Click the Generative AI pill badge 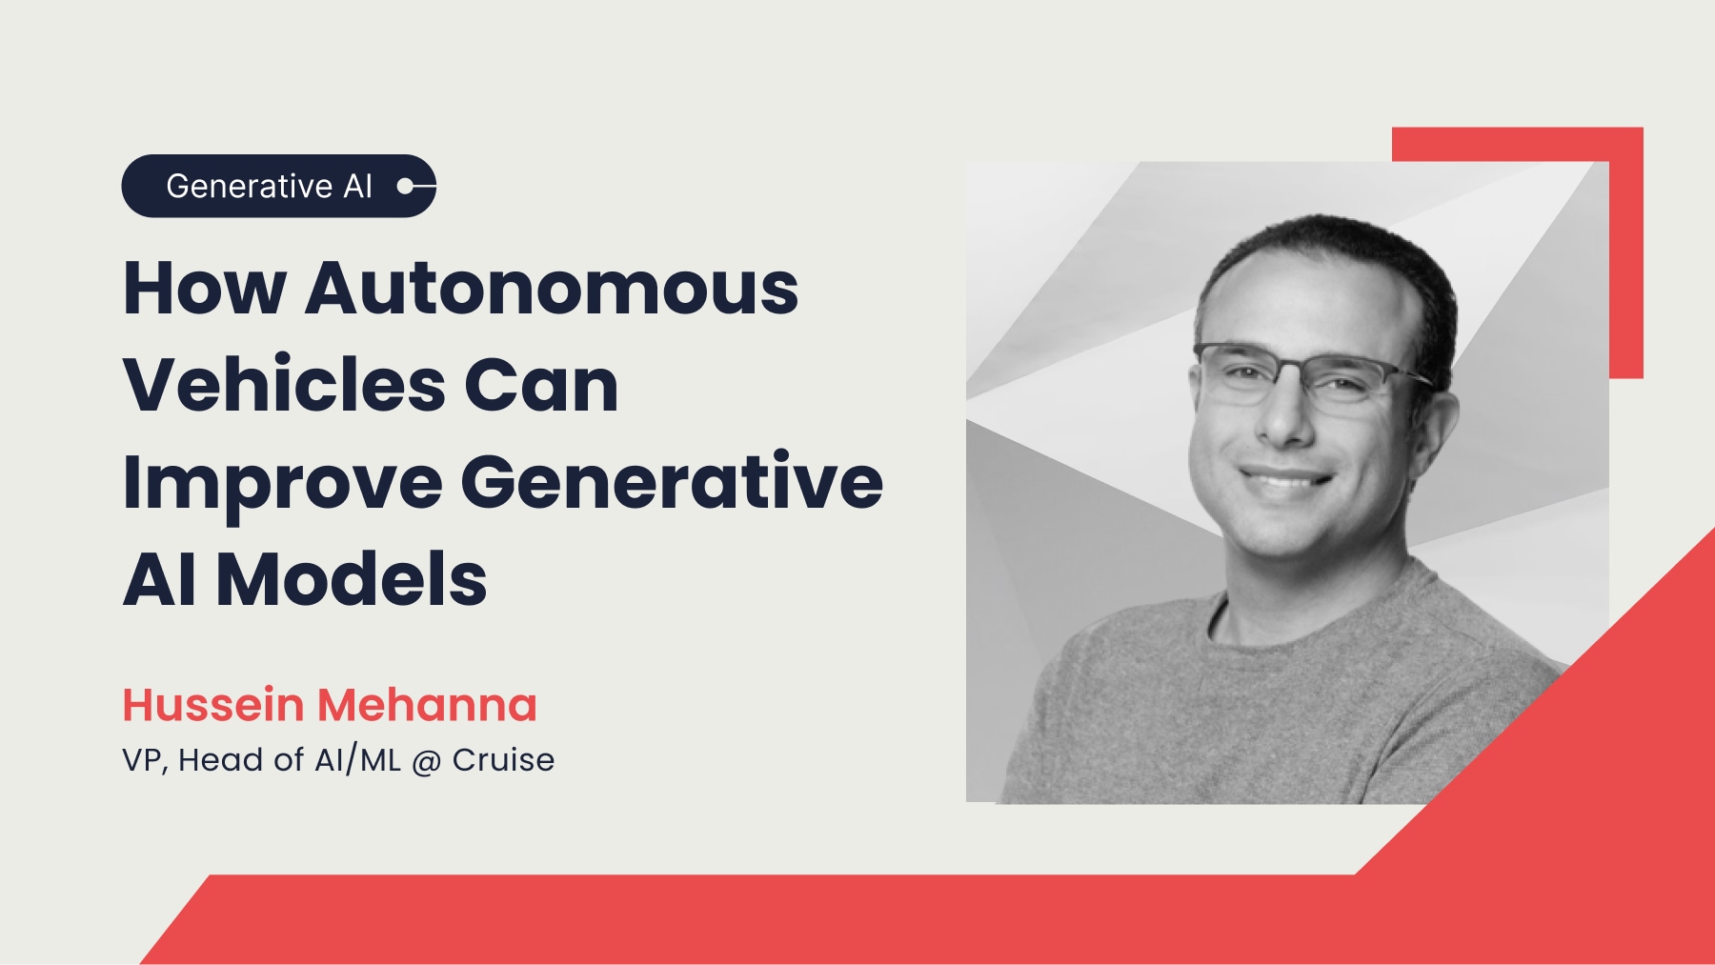(x=277, y=186)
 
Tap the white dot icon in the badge (x=406, y=186)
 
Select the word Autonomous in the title (x=552, y=288)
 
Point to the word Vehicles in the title (x=284, y=386)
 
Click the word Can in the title (x=541, y=386)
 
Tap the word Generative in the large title (x=672, y=482)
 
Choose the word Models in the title (x=352, y=580)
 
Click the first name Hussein (x=213, y=705)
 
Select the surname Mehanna (x=427, y=705)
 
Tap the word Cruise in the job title (x=503, y=760)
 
